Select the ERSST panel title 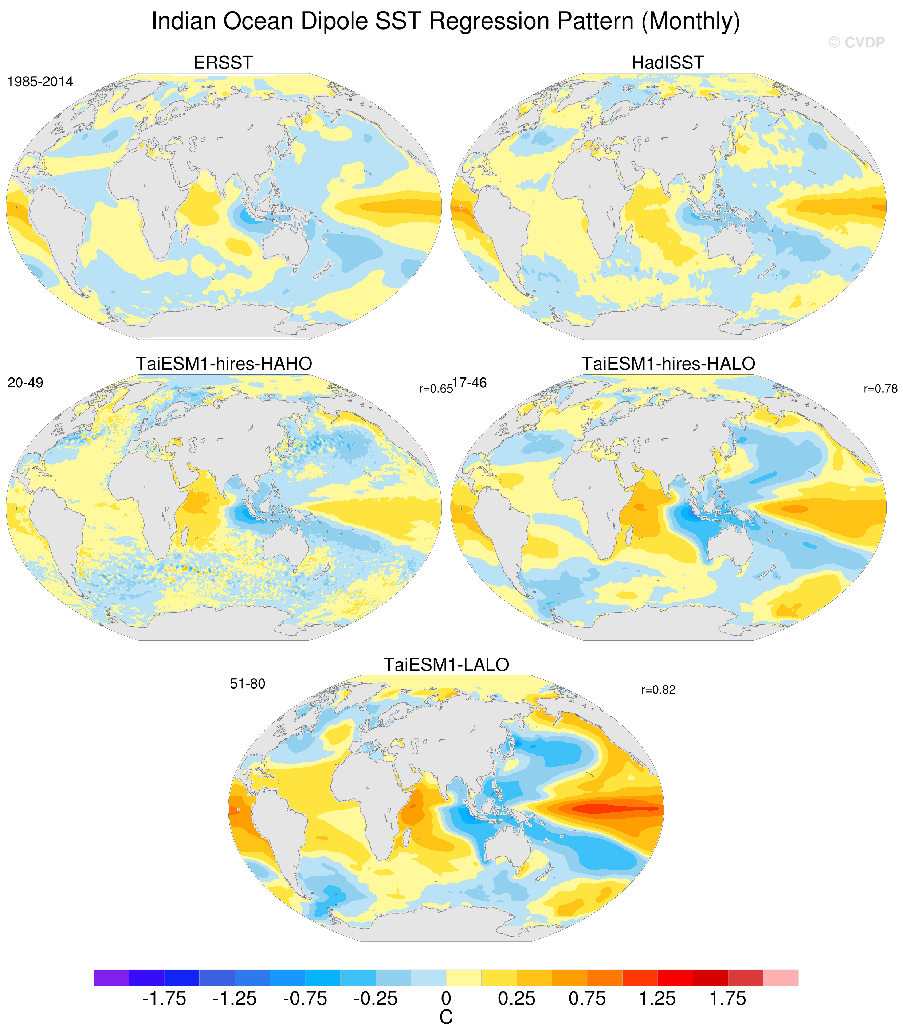(x=223, y=63)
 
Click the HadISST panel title (x=668, y=63)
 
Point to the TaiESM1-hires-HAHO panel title (x=224, y=364)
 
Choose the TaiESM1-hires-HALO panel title (x=669, y=364)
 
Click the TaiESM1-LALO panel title (x=447, y=664)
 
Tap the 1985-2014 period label (x=40, y=82)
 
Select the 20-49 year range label (x=25, y=383)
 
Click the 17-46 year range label (x=470, y=383)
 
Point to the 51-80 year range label (x=247, y=684)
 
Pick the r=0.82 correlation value (x=658, y=690)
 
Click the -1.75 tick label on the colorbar (x=164, y=998)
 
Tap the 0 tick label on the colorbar (x=446, y=998)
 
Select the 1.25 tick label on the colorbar (x=657, y=998)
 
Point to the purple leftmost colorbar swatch (x=111, y=977)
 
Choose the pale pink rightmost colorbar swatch (x=781, y=977)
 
